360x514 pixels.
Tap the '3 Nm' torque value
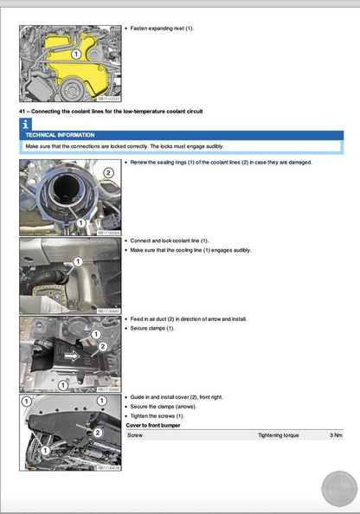coord(336,434)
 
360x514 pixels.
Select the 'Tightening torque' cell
coord(278,434)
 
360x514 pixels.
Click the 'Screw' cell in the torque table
coord(135,434)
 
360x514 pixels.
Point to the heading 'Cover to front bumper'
coord(157,425)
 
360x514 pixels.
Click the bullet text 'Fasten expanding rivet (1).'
coord(162,29)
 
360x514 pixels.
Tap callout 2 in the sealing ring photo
coord(108,172)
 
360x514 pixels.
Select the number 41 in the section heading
coord(22,112)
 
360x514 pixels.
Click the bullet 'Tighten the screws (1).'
coord(157,415)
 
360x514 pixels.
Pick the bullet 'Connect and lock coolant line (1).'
coord(169,241)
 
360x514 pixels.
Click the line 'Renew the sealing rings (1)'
coord(173,163)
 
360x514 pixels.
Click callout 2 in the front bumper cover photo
coord(98,432)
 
